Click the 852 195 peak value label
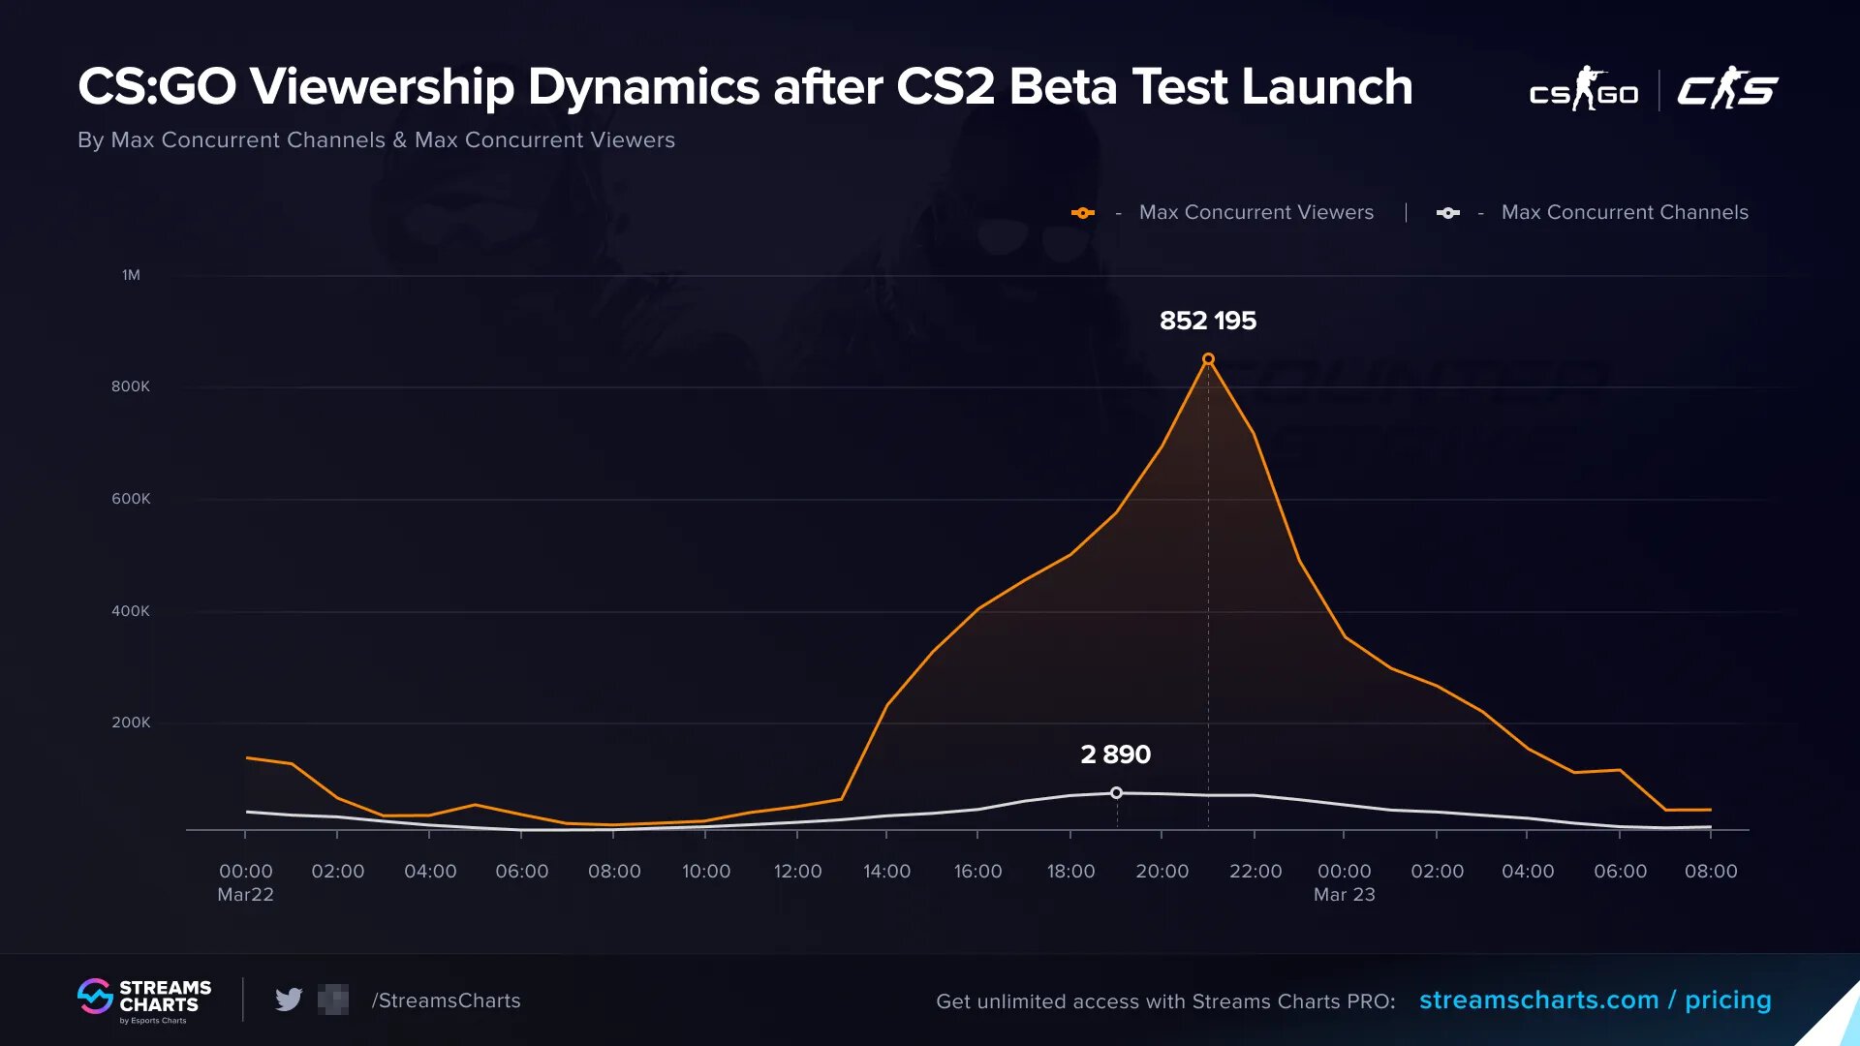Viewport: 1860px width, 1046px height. click(x=1207, y=321)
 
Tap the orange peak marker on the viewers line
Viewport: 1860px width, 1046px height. click(x=1208, y=359)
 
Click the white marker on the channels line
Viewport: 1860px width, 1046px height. click(x=1116, y=793)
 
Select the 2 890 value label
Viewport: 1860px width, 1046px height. click(x=1115, y=754)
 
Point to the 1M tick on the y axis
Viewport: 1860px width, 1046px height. click(x=131, y=275)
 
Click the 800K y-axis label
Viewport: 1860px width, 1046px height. click(x=131, y=386)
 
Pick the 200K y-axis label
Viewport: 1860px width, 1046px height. click(x=131, y=723)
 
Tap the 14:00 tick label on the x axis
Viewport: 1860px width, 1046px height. click(x=886, y=872)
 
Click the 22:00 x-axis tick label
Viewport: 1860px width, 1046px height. click(x=1255, y=872)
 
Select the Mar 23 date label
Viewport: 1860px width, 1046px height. click(x=1344, y=895)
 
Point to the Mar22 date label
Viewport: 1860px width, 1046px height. click(x=245, y=895)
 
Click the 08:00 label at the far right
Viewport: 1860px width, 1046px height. click(x=1711, y=872)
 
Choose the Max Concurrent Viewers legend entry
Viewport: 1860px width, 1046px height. click(x=1255, y=212)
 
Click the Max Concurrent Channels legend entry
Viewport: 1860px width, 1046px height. click(x=1624, y=212)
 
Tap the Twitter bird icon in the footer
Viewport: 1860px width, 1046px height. click(x=289, y=1000)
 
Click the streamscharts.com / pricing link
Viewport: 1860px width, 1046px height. click(x=1595, y=1000)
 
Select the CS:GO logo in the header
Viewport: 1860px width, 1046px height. click(x=1583, y=90)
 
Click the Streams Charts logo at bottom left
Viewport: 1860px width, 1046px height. click(x=144, y=1000)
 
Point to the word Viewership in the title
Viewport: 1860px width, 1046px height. click(x=382, y=87)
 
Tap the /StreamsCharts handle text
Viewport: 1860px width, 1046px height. click(x=446, y=1000)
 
